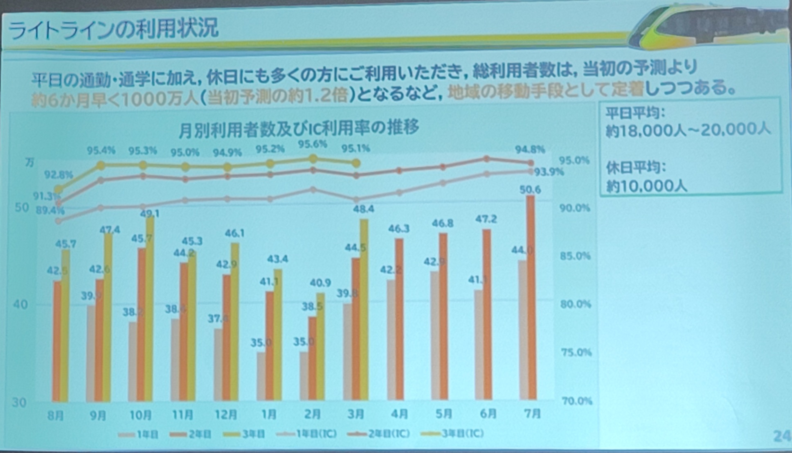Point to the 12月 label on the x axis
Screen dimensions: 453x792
point(226,415)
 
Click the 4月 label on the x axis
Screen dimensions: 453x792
point(399,414)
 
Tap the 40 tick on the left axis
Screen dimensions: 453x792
point(21,305)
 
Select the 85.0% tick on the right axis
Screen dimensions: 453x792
point(575,256)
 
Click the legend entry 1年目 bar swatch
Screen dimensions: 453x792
point(126,435)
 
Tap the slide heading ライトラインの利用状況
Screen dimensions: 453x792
point(113,29)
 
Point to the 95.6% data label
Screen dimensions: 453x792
point(313,145)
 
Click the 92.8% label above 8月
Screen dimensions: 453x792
point(58,175)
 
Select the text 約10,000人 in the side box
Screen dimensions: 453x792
point(646,186)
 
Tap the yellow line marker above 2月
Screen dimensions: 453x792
point(313,159)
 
